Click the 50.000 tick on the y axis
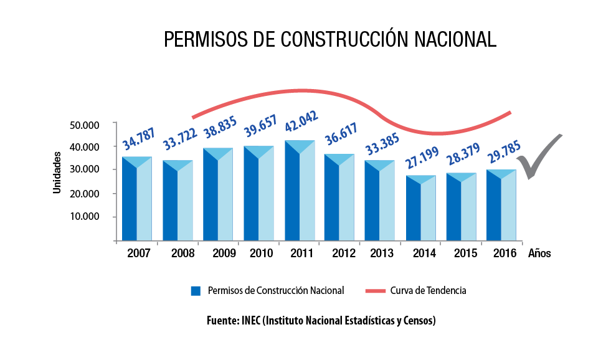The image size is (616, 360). (85, 125)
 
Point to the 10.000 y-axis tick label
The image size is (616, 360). (85, 217)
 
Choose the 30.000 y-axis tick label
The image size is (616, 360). (85, 169)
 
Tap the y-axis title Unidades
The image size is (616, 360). (57, 171)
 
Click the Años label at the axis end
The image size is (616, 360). (539, 253)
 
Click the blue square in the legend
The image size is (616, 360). (196, 290)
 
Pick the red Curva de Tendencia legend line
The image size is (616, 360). (375, 290)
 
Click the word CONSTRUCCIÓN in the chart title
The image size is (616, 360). (344, 39)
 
